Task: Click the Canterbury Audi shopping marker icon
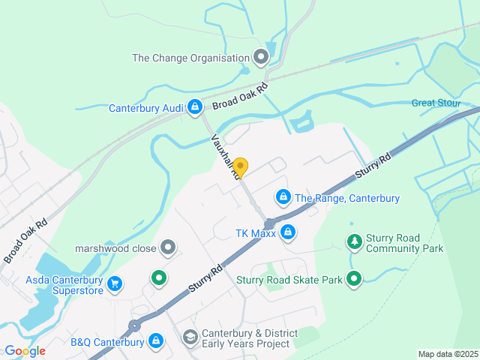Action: [194, 107]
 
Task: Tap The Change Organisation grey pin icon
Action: [261, 57]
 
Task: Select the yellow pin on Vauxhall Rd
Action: [240, 166]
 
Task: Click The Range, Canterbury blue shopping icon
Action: [283, 197]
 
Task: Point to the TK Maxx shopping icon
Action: [286, 232]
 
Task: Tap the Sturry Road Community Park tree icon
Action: [354, 241]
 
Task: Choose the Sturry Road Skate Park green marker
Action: [354, 280]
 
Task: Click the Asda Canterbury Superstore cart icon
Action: [115, 283]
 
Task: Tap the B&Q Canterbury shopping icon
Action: [156, 341]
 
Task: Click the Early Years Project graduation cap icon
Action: [190, 337]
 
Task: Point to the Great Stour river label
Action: [434, 103]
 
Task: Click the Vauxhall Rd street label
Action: [226, 156]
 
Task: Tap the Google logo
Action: [24, 351]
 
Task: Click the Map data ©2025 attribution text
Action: [447, 354]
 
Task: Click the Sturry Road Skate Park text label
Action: [289, 280]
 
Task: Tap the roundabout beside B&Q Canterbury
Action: [134, 325]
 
